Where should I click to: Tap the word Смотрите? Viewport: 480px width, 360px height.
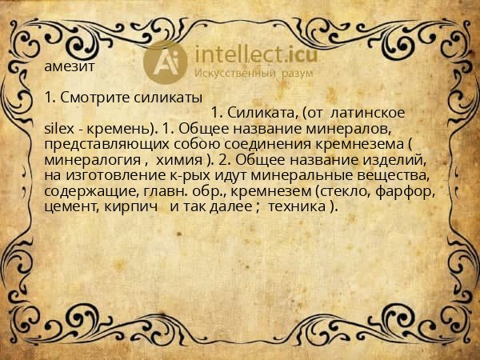tap(94, 98)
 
